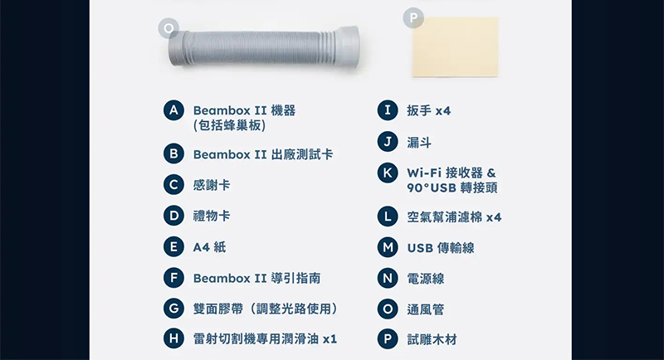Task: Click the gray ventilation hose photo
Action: [264, 47]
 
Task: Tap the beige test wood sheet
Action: [455, 47]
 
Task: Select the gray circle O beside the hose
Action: [168, 28]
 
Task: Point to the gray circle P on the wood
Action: [413, 17]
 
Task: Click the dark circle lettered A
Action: [173, 110]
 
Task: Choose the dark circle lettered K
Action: [388, 173]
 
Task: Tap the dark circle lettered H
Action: [173, 338]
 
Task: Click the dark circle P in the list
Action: [388, 339]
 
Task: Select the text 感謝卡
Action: [212, 185]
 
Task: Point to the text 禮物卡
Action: [212, 216]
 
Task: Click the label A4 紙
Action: [210, 246]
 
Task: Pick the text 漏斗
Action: [419, 143]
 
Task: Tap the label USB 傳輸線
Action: [441, 247]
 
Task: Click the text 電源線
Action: [426, 279]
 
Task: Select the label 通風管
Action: [426, 309]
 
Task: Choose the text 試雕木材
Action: [432, 339]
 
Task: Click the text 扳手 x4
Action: [429, 110]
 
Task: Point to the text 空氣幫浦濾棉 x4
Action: [454, 217]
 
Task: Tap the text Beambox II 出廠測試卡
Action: [263, 154]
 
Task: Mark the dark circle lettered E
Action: [173, 246]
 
